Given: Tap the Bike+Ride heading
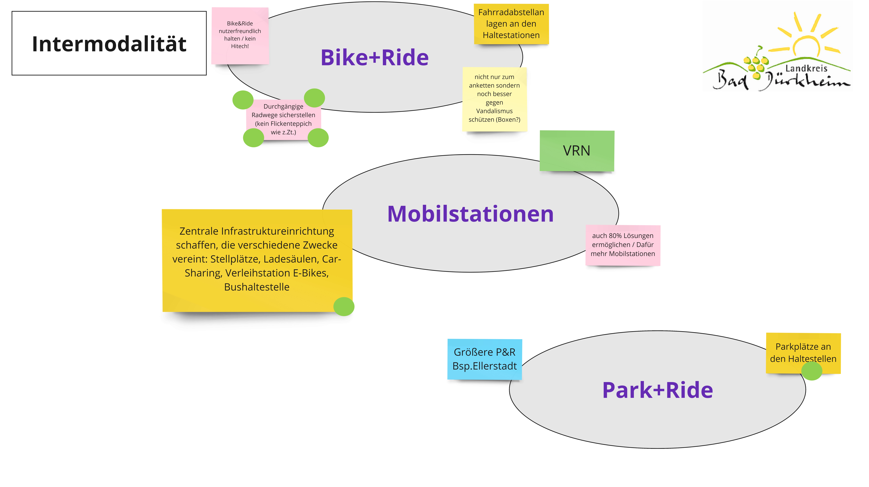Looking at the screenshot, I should (x=374, y=57).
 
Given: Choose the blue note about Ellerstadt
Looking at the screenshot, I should (x=484, y=359).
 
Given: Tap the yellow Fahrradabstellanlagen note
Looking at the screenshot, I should (x=511, y=24).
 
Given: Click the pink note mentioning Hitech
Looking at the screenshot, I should (x=240, y=35).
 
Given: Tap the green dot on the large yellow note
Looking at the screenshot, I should (x=344, y=306).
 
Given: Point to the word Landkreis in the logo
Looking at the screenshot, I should (x=806, y=69).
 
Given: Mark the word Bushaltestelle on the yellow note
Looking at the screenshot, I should (x=257, y=287).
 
